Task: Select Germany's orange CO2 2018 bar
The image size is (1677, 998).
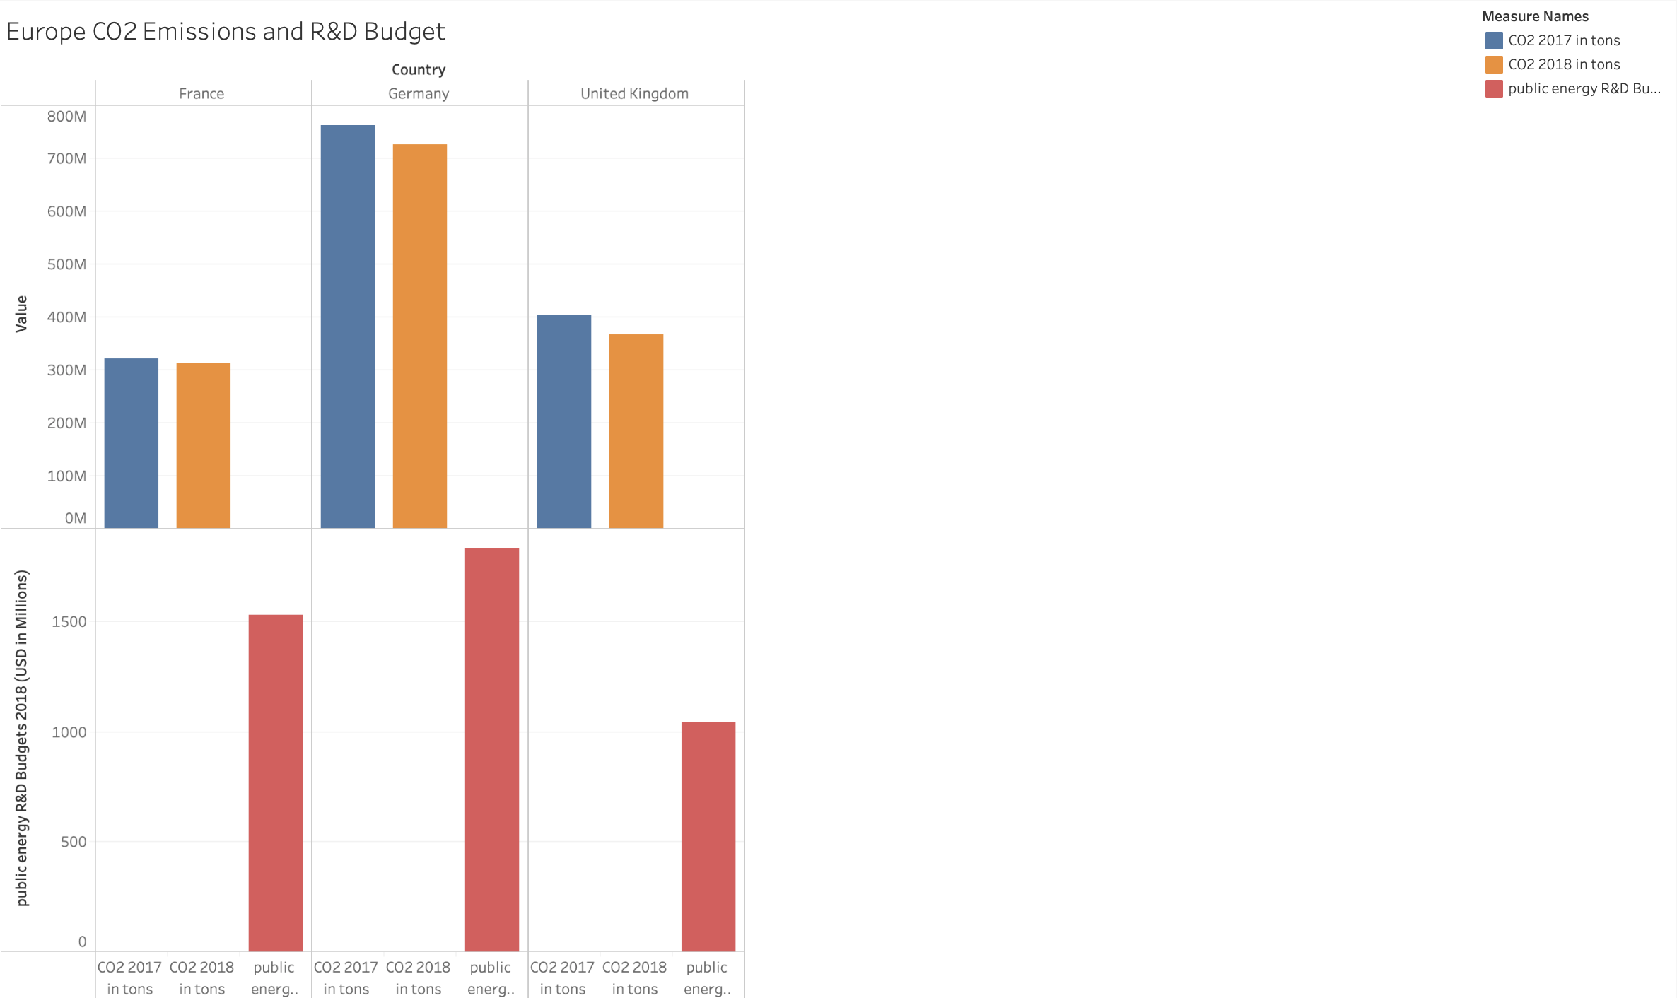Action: tap(419, 336)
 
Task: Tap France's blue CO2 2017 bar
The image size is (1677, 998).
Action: tap(131, 443)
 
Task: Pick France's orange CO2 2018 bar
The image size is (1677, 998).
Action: tap(203, 445)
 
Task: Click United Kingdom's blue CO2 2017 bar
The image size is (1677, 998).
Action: tap(563, 421)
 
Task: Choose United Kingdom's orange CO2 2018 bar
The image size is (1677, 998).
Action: tap(636, 431)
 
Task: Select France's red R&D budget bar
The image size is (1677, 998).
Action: tap(275, 782)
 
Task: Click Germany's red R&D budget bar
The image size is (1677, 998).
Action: tap(491, 749)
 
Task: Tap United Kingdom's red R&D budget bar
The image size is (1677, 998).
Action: tap(708, 836)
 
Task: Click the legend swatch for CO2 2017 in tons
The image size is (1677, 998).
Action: tap(1493, 40)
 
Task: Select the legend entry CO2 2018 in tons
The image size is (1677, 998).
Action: tap(1563, 64)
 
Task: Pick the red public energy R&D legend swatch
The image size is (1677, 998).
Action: tap(1493, 88)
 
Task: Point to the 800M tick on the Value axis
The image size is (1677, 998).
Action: tap(67, 117)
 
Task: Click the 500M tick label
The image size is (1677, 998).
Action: tap(67, 264)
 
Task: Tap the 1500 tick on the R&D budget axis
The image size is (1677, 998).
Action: tap(69, 622)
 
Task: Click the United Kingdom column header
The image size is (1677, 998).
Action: tap(634, 93)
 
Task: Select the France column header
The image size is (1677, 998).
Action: tap(201, 93)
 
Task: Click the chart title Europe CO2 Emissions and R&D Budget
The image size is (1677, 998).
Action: tap(226, 31)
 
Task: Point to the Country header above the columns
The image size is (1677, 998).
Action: tap(419, 69)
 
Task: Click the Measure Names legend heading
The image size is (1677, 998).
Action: tap(1535, 16)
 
